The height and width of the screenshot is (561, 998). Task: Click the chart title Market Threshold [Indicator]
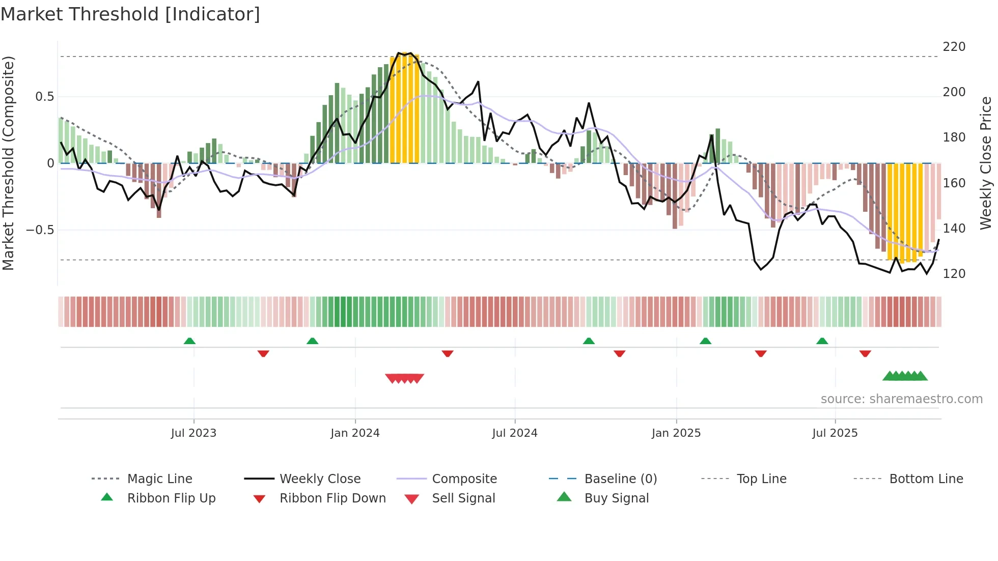pyautogui.click(x=130, y=14)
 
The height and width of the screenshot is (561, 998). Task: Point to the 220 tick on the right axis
pyautogui.click(x=954, y=47)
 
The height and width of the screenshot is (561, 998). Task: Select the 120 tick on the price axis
pyautogui.click(x=954, y=274)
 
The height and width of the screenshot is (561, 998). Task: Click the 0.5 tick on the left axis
pyautogui.click(x=44, y=97)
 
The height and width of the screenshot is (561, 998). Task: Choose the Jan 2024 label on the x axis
pyautogui.click(x=355, y=433)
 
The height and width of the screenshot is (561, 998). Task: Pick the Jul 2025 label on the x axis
pyautogui.click(x=835, y=433)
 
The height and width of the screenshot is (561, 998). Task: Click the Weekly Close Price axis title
pyautogui.click(x=986, y=163)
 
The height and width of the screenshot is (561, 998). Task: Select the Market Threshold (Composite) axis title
pyautogui.click(x=8, y=163)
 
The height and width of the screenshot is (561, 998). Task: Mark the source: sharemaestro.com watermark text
pyautogui.click(x=901, y=399)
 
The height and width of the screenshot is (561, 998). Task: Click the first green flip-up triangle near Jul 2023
pyautogui.click(x=189, y=341)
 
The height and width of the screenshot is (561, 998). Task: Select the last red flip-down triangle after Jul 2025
pyautogui.click(x=865, y=353)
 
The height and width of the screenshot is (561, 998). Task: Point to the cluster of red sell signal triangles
pyautogui.click(x=405, y=378)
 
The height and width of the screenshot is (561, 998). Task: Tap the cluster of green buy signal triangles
pyautogui.click(x=905, y=376)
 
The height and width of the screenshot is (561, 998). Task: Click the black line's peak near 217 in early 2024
pyautogui.click(x=399, y=53)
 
